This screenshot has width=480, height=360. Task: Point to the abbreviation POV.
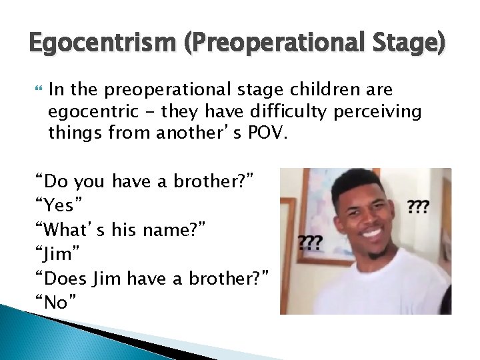(x=270, y=133)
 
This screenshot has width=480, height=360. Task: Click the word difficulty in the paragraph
(x=290, y=111)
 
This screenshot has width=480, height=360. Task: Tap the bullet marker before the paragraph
(x=38, y=89)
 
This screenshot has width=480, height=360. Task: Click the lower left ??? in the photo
(x=309, y=241)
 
